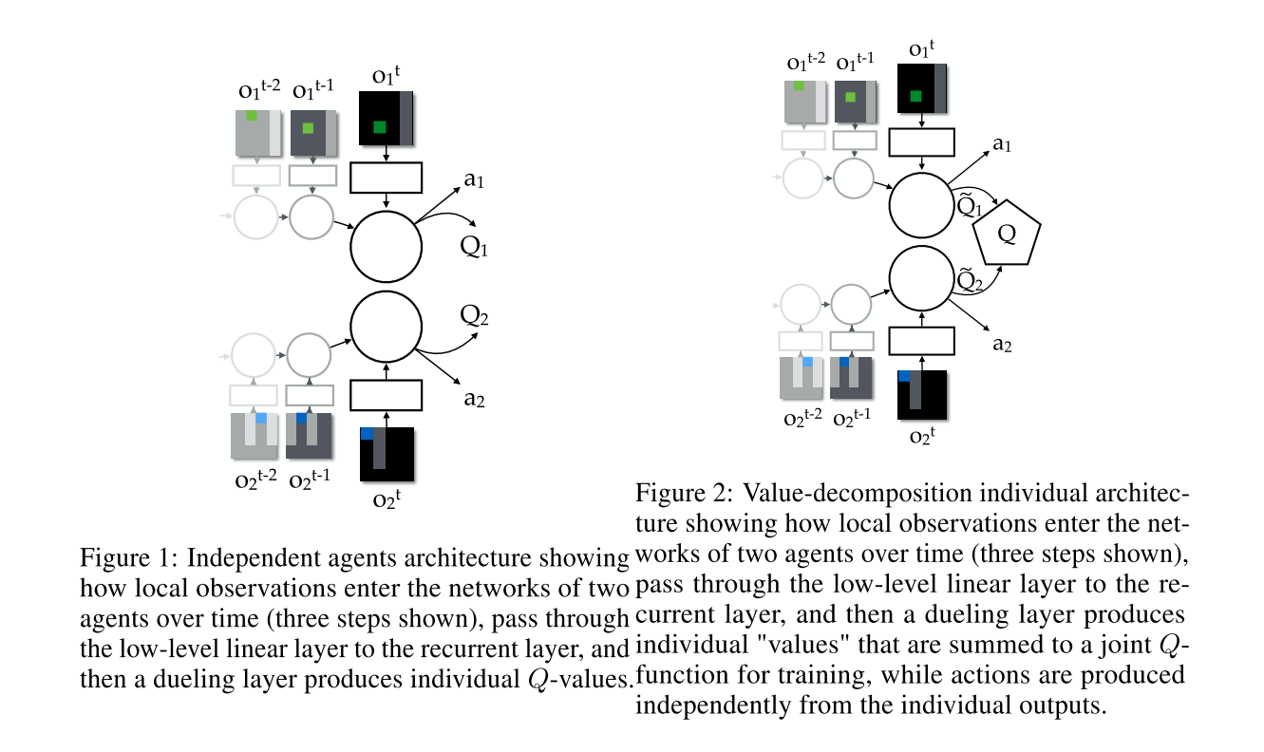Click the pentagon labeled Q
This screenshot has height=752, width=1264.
(x=1009, y=231)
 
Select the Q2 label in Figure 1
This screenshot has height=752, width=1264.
(x=474, y=314)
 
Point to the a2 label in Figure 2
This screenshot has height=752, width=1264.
(x=1002, y=344)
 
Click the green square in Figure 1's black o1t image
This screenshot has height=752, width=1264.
(x=380, y=127)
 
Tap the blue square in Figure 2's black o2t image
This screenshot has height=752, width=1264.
(x=904, y=376)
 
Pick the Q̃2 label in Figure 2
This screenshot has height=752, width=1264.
(x=968, y=279)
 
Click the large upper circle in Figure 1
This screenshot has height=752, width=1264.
(x=386, y=247)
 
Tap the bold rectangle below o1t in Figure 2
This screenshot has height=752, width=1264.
(x=920, y=141)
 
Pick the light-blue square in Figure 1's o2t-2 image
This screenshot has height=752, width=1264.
(x=261, y=418)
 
